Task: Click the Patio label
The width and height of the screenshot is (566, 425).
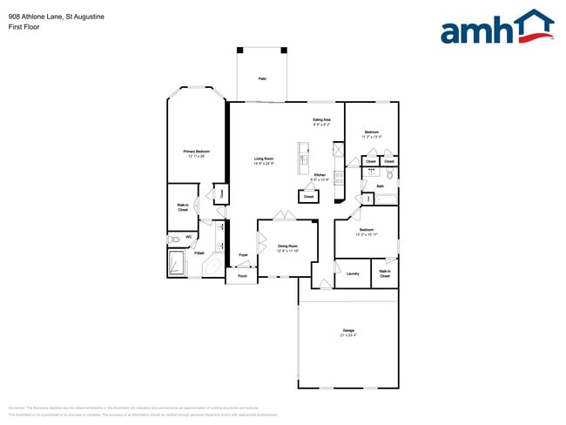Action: (261, 79)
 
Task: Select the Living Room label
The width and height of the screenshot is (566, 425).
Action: (264, 159)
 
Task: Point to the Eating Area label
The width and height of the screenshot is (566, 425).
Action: (322, 119)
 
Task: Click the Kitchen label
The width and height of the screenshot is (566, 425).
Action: (320, 175)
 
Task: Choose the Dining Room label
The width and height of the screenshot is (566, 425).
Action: (288, 246)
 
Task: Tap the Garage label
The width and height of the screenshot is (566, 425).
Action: (348, 330)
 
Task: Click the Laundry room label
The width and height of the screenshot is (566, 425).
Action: (353, 273)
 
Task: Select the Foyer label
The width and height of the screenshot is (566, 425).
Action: (243, 254)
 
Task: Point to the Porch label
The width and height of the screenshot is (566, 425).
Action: (242, 276)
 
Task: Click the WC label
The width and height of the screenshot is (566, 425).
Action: (189, 237)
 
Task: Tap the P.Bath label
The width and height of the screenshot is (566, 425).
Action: (199, 253)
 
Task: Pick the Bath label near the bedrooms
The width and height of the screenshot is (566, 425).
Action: (381, 186)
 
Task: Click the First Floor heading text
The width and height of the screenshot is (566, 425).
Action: (22, 27)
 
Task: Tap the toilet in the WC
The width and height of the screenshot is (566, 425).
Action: (174, 238)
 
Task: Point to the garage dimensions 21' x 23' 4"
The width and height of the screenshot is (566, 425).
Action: (348, 335)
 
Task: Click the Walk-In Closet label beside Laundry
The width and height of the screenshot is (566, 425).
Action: (385, 273)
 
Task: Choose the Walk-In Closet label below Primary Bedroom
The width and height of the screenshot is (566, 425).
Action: (183, 207)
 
